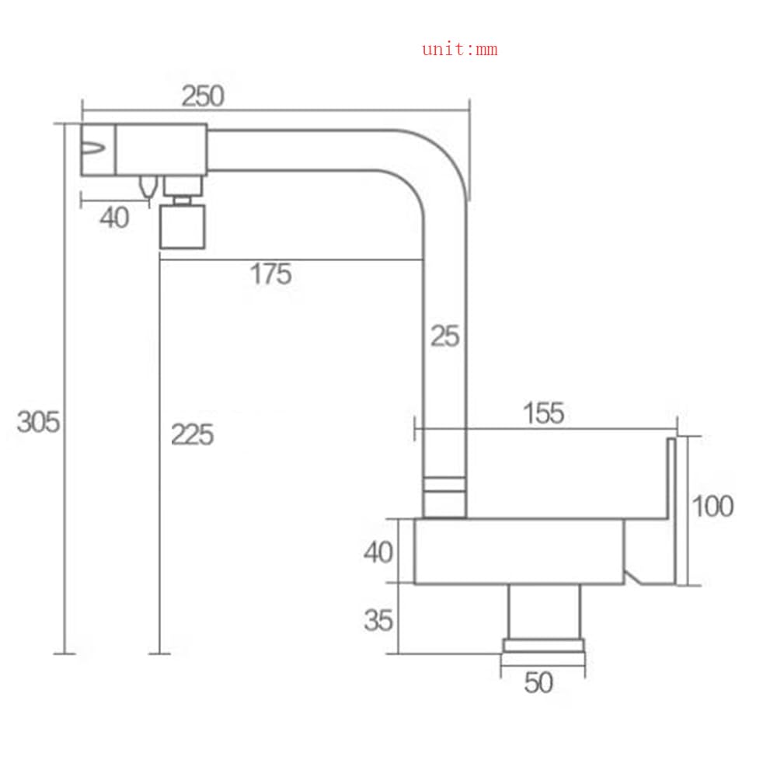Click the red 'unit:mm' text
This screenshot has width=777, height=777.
click(460, 49)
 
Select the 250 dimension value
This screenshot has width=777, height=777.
click(203, 96)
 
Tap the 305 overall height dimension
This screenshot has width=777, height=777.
click(38, 422)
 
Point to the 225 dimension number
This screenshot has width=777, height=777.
click(192, 435)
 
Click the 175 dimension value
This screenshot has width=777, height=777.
click(270, 274)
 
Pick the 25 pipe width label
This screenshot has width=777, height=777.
click(445, 336)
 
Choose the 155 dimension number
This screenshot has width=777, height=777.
click(544, 413)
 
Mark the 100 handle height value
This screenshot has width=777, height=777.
click(713, 507)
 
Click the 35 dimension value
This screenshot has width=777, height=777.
click(378, 620)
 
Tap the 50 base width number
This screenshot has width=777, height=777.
click(538, 683)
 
